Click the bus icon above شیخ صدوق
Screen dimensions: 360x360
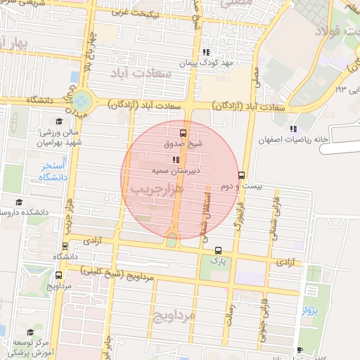pyautogui.click(x=184, y=132)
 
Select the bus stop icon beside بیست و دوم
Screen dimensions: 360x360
pyautogui.click(x=242, y=175)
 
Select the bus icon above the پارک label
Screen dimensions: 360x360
pyautogui.click(x=218, y=250)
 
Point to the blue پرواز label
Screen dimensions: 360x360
pyautogui.click(x=311, y=310)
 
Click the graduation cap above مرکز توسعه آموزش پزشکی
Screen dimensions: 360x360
pyautogui.click(x=30, y=332)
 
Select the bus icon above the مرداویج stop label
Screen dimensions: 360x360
pyautogui.click(x=65, y=247)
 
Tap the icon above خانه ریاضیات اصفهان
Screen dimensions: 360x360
pyautogui.click(x=293, y=129)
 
